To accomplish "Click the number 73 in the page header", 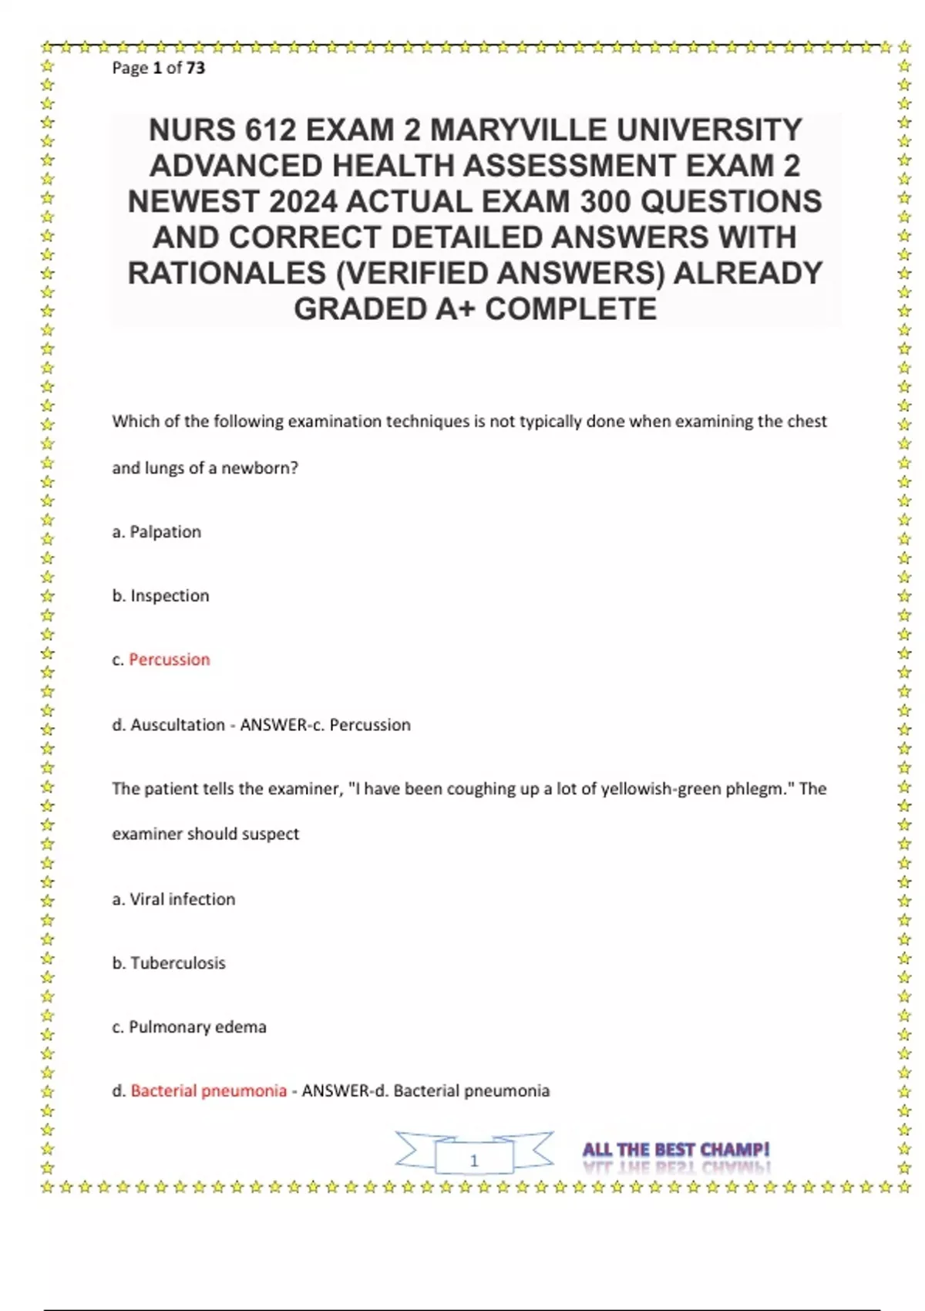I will [x=196, y=68].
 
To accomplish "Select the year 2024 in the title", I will [x=303, y=202].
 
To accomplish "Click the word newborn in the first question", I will [x=259, y=468].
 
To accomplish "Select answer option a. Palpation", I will [x=156, y=532].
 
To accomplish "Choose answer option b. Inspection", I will [x=160, y=596].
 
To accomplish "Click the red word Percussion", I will [x=169, y=660].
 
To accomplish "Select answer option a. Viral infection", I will [x=173, y=899].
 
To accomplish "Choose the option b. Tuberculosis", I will [x=169, y=963].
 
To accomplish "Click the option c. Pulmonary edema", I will [x=189, y=1027].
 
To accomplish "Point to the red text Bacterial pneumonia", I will [x=208, y=1091].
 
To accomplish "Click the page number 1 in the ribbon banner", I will [x=474, y=1160].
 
